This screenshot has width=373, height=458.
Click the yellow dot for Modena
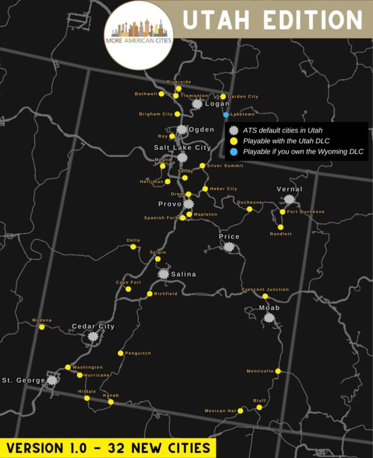pos(42,327)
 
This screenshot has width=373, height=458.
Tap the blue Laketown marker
pos(226,114)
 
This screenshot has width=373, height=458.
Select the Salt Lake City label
pos(182,148)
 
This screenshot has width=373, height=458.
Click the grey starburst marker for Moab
pos(269,317)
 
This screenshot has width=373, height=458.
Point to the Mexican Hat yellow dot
pos(240,411)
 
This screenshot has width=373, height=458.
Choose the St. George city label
pos(23,380)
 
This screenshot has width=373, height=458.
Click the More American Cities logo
pos(139,35)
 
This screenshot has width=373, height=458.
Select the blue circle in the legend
pos(234,152)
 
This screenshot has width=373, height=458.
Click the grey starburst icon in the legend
pos(234,131)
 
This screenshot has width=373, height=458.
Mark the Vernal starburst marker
pos(289,199)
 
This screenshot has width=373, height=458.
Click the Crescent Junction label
pos(265,289)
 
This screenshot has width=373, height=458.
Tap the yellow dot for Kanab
pos(111,402)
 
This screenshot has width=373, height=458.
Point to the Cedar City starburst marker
pos(93,336)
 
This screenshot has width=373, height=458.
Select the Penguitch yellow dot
pos(120,353)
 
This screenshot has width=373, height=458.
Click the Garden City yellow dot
pos(223,96)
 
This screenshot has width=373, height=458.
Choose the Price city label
pos(229,237)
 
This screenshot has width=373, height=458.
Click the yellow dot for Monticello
pos(278,371)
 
